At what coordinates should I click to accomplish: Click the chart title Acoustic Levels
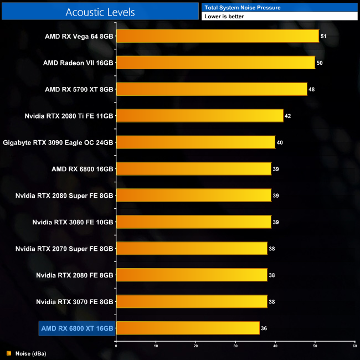point(100,12)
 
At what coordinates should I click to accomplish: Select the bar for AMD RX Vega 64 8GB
point(217,37)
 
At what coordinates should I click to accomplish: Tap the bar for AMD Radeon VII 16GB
point(215,63)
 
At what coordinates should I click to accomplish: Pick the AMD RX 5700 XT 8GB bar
point(211,89)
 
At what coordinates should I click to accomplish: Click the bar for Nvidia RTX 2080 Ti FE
point(199,116)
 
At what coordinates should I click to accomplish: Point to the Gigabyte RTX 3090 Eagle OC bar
point(196,142)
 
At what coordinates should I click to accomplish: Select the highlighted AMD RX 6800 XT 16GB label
point(76,328)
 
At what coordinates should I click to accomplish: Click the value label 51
point(323,37)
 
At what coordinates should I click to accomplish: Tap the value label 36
point(264,328)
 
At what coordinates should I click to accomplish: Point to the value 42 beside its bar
point(287,116)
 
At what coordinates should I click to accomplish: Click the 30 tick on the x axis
point(235,346)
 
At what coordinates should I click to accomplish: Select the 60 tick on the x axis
point(354,346)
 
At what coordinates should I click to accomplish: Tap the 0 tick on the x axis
point(116,346)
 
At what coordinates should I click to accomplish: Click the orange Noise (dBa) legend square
point(8,353)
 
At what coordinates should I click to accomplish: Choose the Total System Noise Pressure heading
point(242,7)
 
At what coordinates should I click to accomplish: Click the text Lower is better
point(224,17)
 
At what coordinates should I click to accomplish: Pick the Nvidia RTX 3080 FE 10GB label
point(73,222)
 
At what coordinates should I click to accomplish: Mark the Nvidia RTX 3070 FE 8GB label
point(74,302)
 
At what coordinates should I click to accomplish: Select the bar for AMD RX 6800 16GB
point(193,169)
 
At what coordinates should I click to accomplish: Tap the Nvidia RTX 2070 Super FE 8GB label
point(64,249)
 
